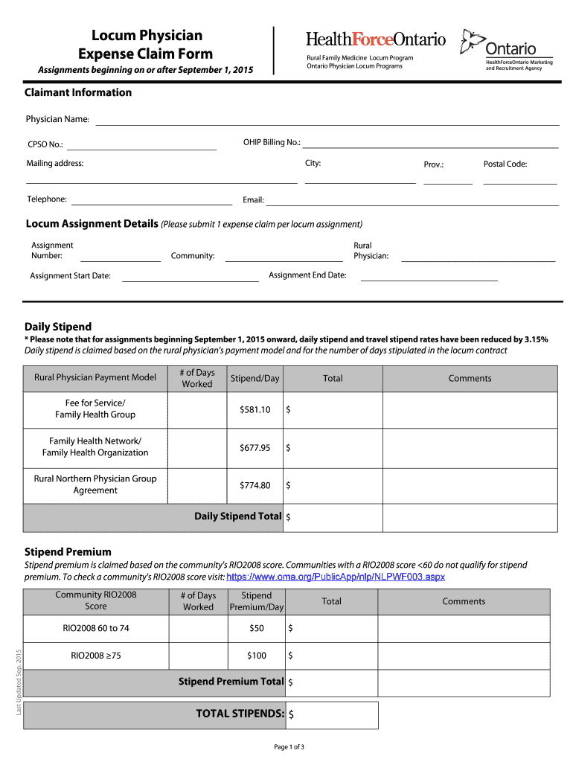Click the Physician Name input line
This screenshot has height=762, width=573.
click(327, 120)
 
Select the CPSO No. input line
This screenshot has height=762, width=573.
click(141, 144)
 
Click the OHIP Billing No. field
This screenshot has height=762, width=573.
click(429, 143)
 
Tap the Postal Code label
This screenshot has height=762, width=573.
click(505, 164)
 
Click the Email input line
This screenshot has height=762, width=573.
click(412, 200)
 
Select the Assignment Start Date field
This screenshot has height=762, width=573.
click(190, 276)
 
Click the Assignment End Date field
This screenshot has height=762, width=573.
click(429, 275)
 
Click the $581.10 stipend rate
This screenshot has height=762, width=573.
click(255, 410)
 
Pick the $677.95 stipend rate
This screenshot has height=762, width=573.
click(255, 448)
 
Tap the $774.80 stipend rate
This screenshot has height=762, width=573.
click(255, 486)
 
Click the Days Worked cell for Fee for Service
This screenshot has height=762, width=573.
click(197, 410)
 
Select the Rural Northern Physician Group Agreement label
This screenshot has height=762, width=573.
click(95, 484)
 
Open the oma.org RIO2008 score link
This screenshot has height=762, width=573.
click(335, 577)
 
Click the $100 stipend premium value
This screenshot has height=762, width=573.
click(256, 656)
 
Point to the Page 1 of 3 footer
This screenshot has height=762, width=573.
click(289, 746)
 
